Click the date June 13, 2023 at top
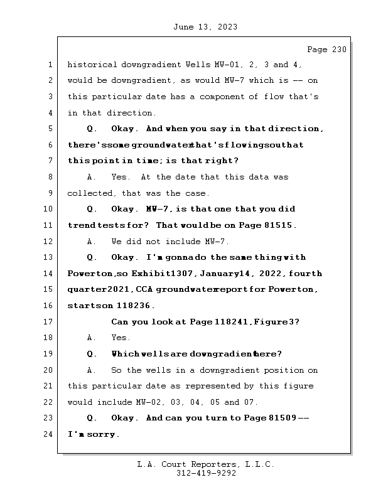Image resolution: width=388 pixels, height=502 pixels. [x=205, y=27]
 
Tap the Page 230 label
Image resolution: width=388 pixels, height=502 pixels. [x=326, y=50]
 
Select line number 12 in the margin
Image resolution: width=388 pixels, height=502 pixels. [x=49, y=242]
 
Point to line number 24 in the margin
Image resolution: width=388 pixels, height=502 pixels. [x=49, y=434]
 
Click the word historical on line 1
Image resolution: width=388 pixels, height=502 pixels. [x=92, y=65]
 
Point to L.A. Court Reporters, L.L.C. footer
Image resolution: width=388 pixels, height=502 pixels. [x=206, y=464]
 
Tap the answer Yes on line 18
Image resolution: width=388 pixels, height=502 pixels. [x=121, y=338]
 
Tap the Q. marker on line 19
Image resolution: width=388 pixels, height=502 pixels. [x=92, y=354]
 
